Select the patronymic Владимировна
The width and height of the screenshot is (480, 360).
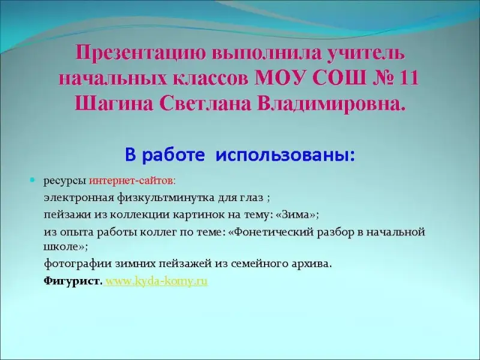[x=331, y=104]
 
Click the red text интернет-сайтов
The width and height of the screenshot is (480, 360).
[x=131, y=181]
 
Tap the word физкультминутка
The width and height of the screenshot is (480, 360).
[x=166, y=198]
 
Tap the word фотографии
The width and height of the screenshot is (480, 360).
[x=78, y=264]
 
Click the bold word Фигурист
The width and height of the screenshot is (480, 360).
[x=71, y=281]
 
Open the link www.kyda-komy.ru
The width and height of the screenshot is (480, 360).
[x=157, y=281]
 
